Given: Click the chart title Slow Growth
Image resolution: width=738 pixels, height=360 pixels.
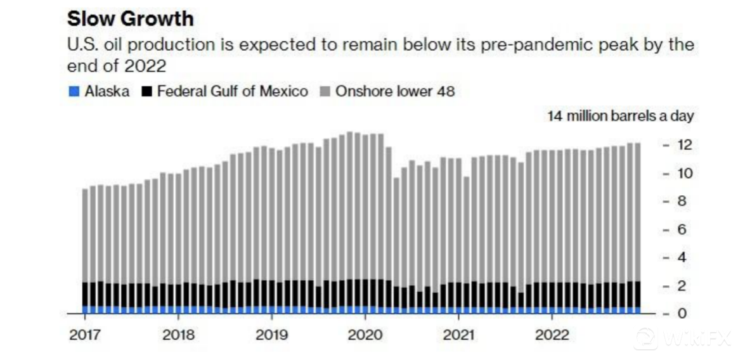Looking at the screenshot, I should tap(130, 18).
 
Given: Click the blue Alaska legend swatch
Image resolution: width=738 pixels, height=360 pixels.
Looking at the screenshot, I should tap(74, 91).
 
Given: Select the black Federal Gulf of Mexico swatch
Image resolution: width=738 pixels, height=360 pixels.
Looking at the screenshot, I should tap(146, 91).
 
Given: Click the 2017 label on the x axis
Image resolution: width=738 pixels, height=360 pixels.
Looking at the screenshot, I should tap(85, 335).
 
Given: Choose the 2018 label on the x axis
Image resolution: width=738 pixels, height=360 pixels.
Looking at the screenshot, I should tap(179, 335).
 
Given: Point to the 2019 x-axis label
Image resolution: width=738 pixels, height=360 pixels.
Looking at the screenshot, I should tap(272, 335).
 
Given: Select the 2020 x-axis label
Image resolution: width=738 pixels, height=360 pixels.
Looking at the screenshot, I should tap(365, 335).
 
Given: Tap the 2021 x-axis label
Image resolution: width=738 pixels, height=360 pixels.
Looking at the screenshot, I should tap(458, 335).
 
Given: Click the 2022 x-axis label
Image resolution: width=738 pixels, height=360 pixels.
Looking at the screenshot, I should tap(552, 335).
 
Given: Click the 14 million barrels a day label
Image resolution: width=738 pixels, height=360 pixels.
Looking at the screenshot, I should tap(621, 116).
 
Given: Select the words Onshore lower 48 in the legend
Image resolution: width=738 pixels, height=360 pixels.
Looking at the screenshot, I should tap(395, 91).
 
